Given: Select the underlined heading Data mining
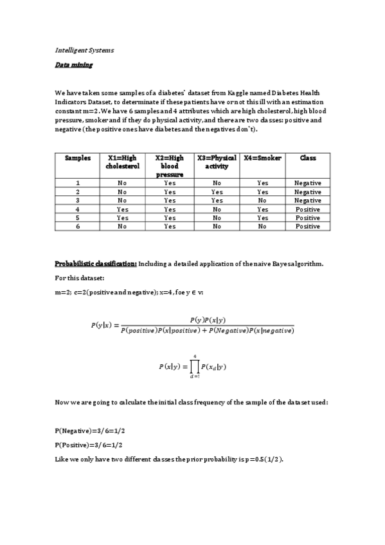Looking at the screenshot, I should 73,65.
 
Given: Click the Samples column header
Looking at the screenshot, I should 78,158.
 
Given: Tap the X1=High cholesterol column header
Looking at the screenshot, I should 122,162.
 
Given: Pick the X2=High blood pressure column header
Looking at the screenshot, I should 170,166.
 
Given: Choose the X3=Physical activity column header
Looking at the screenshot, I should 217,162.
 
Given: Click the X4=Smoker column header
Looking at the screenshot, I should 263,158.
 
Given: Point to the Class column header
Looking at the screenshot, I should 307,158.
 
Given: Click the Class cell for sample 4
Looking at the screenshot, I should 307,209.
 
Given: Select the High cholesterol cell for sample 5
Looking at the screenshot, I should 122,218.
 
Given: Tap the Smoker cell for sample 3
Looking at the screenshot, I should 263,201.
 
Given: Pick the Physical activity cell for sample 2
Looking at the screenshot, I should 217,192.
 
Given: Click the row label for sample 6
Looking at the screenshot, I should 78,226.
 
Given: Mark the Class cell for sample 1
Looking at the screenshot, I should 307,183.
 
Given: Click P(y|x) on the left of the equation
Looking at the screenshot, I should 102,325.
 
